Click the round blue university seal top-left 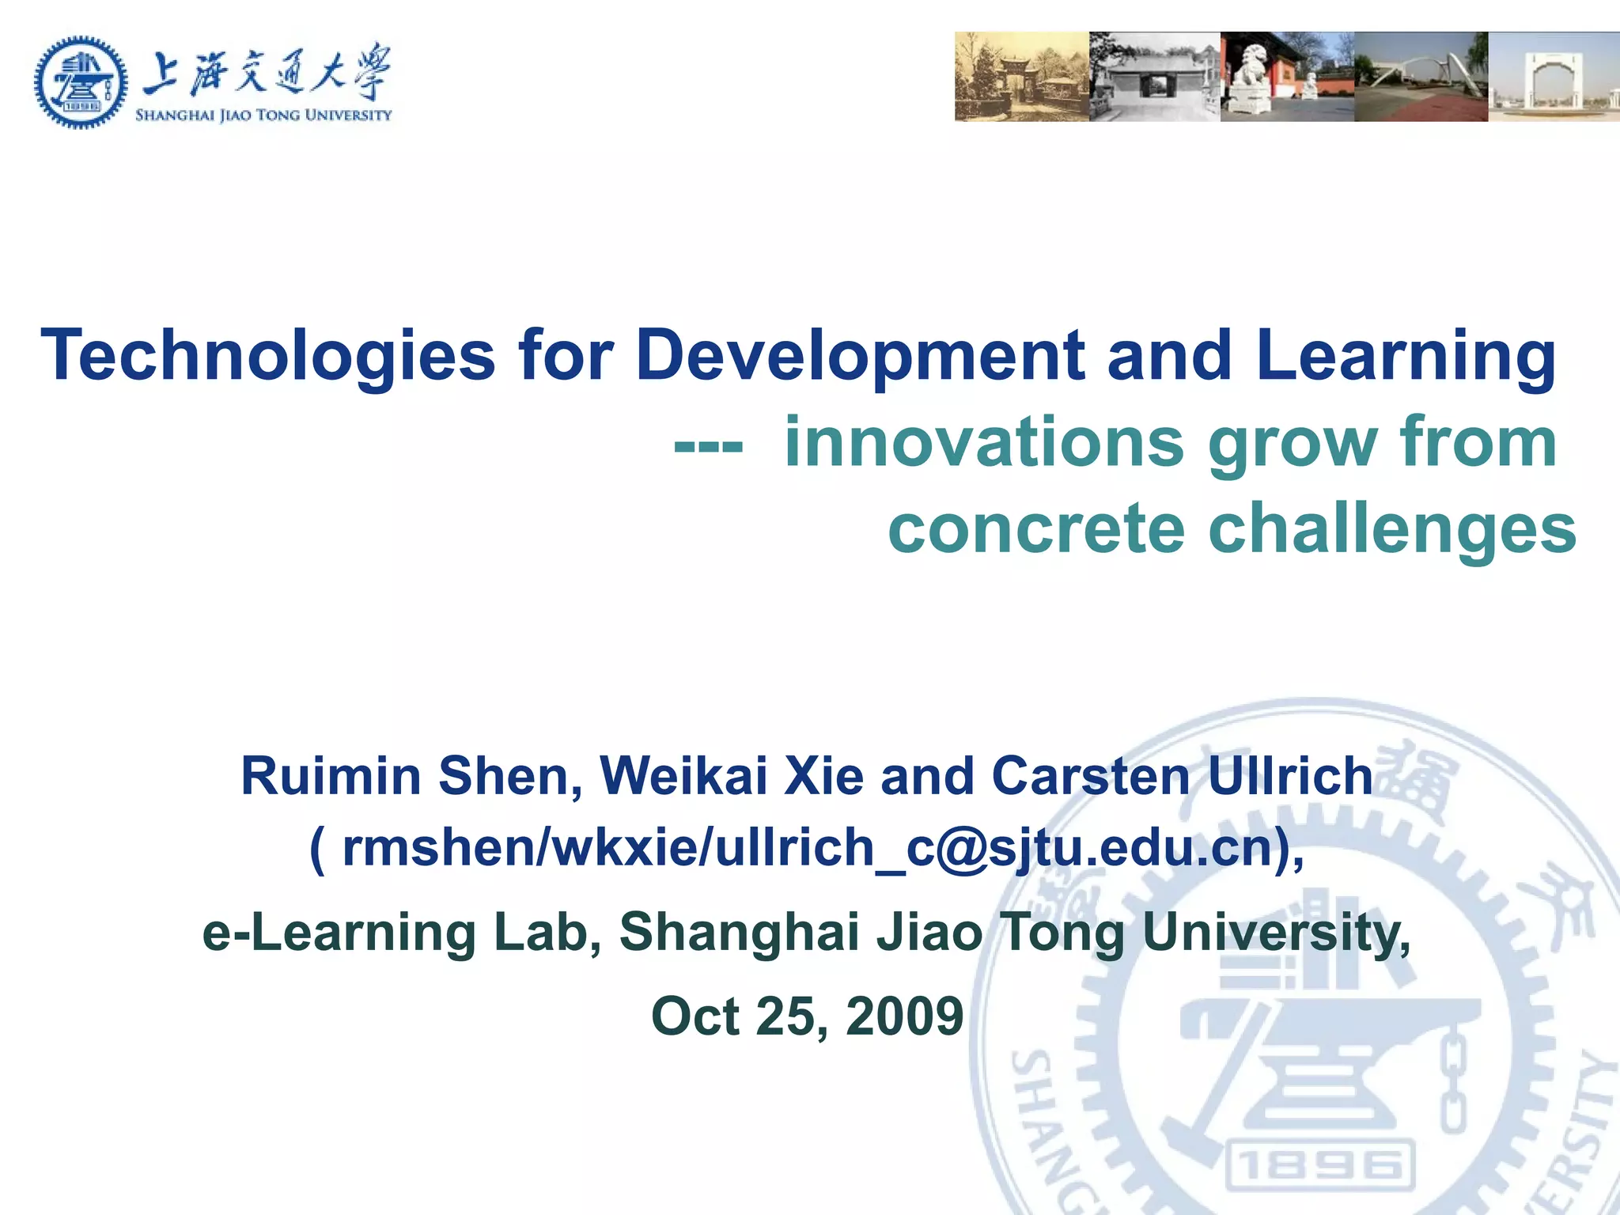(x=81, y=81)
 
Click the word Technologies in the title (x=268, y=356)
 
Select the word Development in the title (x=860, y=356)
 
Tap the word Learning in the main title (x=1406, y=356)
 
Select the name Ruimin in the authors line (x=331, y=776)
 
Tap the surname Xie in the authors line (x=823, y=776)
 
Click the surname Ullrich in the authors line (x=1290, y=776)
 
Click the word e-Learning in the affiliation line (x=339, y=933)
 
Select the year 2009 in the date (x=904, y=1016)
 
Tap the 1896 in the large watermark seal (x=1319, y=1166)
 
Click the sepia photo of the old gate (x=1021, y=77)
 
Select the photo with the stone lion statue (x=1287, y=77)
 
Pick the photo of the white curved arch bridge (x=1421, y=77)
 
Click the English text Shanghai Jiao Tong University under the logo (x=263, y=115)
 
